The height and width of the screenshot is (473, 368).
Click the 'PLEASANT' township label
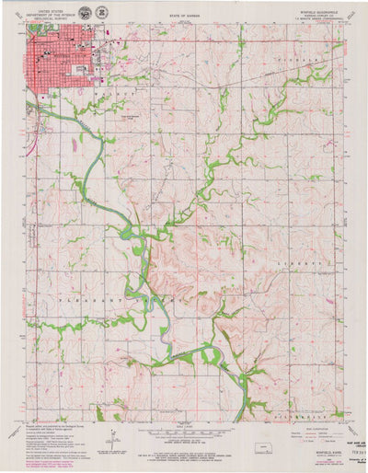tap(79, 300)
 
